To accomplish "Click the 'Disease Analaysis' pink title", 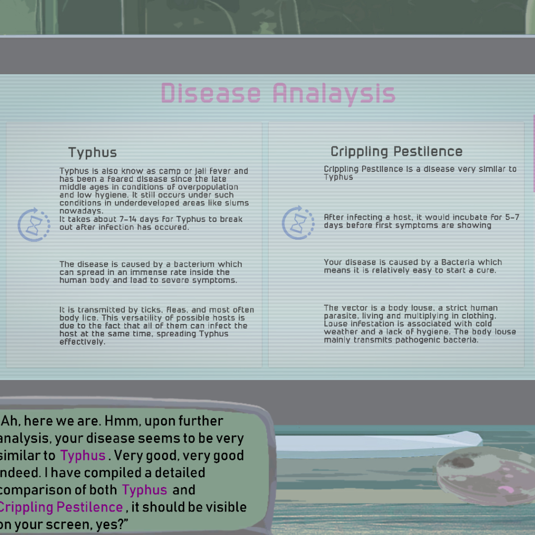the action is [278, 93].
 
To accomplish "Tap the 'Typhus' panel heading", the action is [92, 153].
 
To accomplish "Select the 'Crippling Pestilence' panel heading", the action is [397, 152].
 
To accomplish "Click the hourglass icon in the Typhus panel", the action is [34, 225].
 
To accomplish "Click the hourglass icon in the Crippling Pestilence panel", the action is [298, 223].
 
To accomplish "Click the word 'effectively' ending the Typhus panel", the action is [81, 342].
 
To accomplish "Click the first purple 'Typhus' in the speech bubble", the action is [83, 456].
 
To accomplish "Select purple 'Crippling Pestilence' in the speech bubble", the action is [61, 507].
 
